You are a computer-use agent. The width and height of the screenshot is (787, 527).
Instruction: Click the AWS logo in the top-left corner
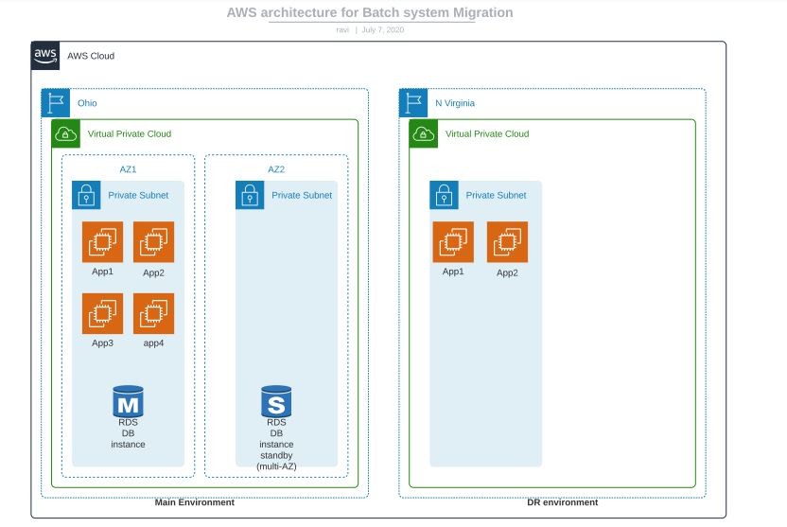coord(45,56)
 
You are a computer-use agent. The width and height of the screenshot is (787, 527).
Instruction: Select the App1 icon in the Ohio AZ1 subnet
coord(102,242)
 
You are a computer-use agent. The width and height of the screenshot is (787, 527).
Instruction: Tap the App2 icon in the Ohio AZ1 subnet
coord(153,242)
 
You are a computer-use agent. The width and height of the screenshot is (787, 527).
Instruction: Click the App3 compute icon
coord(102,313)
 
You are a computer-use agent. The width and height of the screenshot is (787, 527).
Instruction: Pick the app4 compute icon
coord(153,313)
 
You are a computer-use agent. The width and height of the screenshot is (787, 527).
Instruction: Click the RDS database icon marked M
coord(128,401)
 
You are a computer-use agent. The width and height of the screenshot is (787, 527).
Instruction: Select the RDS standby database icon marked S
coord(276,401)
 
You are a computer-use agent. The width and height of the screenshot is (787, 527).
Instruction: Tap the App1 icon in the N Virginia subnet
coord(453,241)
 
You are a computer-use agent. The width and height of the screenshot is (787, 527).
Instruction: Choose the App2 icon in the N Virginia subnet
coord(507,241)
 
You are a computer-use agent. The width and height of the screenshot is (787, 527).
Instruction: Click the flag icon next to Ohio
coord(56,103)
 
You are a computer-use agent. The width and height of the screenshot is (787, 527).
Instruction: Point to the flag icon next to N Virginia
coord(413,103)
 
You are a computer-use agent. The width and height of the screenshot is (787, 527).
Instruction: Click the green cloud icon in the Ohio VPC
coord(66,134)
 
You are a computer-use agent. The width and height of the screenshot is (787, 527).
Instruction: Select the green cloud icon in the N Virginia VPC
coord(424,134)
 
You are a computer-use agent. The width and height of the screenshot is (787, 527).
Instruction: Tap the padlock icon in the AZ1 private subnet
coord(87,195)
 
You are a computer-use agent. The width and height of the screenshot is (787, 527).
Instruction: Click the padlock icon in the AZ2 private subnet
coord(250,195)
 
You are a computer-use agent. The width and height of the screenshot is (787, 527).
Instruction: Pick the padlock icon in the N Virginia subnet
coord(445,195)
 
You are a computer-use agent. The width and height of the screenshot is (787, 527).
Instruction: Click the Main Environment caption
coord(195,502)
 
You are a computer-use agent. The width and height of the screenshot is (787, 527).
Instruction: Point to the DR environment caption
coord(562,502)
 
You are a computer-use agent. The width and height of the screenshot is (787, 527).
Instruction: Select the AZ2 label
coord(276,169)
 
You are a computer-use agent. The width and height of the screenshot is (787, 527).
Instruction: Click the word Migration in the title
coord(479,13)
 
